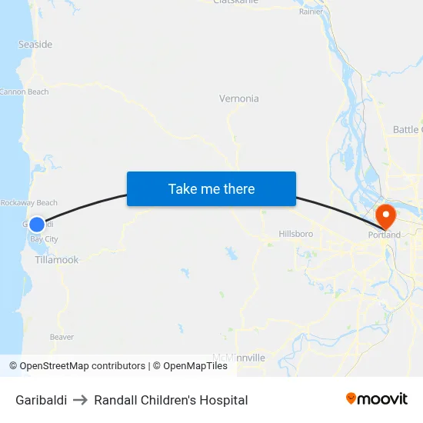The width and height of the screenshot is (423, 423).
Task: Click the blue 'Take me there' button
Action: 211,188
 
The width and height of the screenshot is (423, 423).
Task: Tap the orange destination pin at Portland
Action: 384,214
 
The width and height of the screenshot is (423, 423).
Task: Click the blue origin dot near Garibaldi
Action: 37,225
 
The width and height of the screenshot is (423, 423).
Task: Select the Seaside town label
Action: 35,45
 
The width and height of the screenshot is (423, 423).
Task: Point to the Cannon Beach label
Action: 24,92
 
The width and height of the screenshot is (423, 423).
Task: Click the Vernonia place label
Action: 239,98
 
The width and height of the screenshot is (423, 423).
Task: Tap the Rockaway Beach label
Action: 28,203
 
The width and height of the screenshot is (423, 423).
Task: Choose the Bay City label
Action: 44,240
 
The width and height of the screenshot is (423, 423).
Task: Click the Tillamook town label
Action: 56,260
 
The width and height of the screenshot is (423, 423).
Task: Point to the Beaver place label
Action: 62,337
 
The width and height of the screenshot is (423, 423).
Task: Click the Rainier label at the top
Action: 311,12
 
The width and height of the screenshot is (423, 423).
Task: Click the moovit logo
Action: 377,398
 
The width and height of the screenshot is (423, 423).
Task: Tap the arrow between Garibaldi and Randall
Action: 80,400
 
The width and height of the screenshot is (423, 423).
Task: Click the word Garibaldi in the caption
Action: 41,400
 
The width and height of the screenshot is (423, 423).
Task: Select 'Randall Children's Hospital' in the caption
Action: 171,400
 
